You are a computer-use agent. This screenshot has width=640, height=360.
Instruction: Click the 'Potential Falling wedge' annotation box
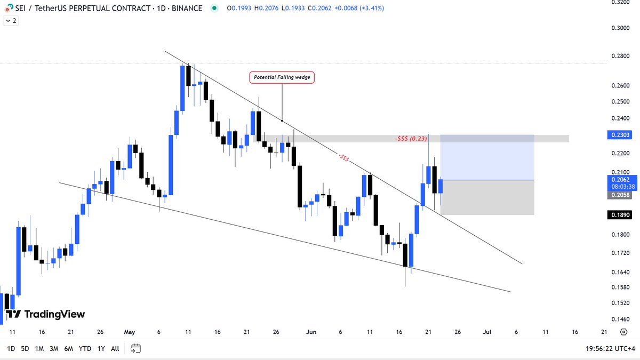[282, 77]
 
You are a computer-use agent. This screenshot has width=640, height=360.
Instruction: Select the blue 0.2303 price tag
[620, 135]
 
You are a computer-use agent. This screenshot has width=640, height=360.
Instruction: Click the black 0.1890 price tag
[620, 215]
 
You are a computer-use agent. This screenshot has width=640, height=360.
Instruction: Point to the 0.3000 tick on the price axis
[620, 28]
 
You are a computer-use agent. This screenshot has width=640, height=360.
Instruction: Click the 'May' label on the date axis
[129, 332]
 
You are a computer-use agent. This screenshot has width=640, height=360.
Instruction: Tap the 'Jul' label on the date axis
[486, 332]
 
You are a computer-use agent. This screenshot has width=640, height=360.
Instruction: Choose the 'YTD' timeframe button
[84, 349]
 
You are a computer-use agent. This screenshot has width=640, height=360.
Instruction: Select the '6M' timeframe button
[69, 349]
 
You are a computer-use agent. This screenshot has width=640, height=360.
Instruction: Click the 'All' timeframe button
[115, 349]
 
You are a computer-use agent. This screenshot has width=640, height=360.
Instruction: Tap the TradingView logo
[46, 315]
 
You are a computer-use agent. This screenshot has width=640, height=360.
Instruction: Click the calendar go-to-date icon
[136, 349]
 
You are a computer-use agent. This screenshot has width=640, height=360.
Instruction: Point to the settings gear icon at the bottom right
[623, 332]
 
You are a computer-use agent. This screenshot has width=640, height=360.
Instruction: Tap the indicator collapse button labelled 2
[11, 21]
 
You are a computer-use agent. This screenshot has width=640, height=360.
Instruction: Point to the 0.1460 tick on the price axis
[620, 319]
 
